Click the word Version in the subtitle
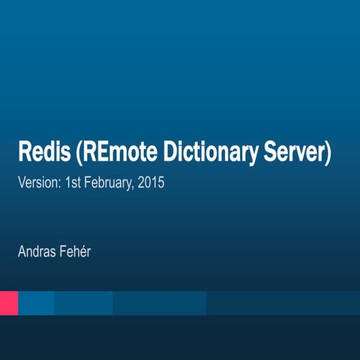coord(37,182)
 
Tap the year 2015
coord(151,182)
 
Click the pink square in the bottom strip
coord(8,303)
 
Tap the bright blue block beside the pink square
coord(36,303)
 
